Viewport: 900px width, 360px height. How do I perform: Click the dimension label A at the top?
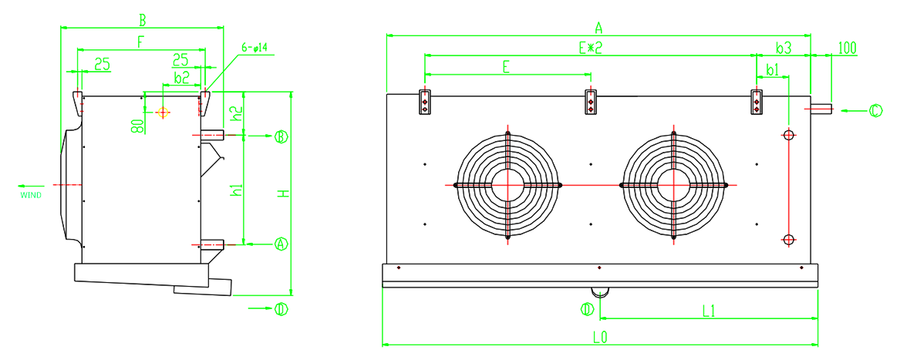pyautogui.click(x=598, y=28)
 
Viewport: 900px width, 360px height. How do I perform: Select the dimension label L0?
pyautogui.click(x=600, y=337)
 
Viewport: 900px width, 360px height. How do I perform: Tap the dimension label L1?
pyautogui.click(x=708, y=311)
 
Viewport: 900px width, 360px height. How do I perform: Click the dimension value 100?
pyautogui.click(x=848, y=48)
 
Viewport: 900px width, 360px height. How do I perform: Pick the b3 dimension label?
pyautogui.click(x=784, y=48)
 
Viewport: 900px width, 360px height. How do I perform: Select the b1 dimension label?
pyautogui.click(x=773, y=69)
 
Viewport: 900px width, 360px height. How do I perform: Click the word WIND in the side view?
pyautogui.click(x=31, y=196)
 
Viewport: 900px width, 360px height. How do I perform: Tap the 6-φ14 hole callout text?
pyautogui.click(x=254, y=49)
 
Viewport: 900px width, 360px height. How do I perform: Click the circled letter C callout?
pyautogui.click(x=875, y=110)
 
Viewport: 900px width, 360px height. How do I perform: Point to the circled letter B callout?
pyautogui.click(x=281, y=136)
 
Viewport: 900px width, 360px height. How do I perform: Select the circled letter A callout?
pyautogui.click(x=280, y=244)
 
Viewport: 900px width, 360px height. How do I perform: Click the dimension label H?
pyautogui.click(x=282, y=194)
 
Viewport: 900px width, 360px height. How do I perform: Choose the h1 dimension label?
pyautogui.click(x=236, y=191)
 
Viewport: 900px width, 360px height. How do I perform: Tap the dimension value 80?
pyautogui.click(x=137, y=126)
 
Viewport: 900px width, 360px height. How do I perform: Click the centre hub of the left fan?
pyautogui.click(x=507, y=185)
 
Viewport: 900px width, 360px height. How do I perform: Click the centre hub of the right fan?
pyautogui.click(x=673, y=185)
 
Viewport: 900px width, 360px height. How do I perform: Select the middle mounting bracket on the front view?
pyautogui.click(x=591, y=102)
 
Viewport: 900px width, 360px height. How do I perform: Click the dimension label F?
pyautogui.click(x=140, y=42)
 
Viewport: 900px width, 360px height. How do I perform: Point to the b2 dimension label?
pyautogui.click(x=181, y=78)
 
